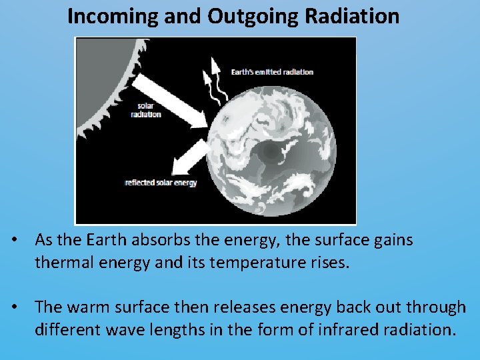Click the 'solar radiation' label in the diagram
pos(149,110)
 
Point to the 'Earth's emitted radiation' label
pos(272,72)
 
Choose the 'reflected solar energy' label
pos(161,183)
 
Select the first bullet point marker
pos(23,240)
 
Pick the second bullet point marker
pos(23,307)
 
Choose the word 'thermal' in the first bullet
pos(59,262)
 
